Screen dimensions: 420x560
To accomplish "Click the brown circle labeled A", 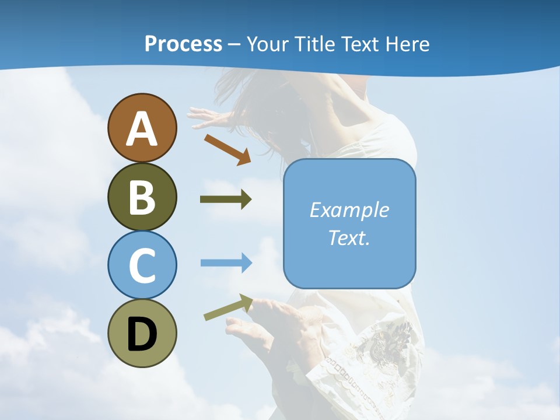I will tap(142, 128).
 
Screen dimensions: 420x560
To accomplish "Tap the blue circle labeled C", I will tap(142, 265).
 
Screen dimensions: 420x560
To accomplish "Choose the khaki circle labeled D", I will tap(142, 333).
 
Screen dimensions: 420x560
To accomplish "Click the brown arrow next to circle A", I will tap(228, 148).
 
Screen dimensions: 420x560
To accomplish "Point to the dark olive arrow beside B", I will tap(226, 199).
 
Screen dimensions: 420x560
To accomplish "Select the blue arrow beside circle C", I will tap(226, 262).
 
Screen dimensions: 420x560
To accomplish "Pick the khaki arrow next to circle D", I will tap(228, 307).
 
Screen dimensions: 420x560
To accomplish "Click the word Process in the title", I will tap(183, 44).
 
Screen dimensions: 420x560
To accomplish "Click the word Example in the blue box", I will tap(349, 210).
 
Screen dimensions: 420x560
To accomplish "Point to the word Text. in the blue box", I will tap(349, 237).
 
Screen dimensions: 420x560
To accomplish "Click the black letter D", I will tap(142, 334).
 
